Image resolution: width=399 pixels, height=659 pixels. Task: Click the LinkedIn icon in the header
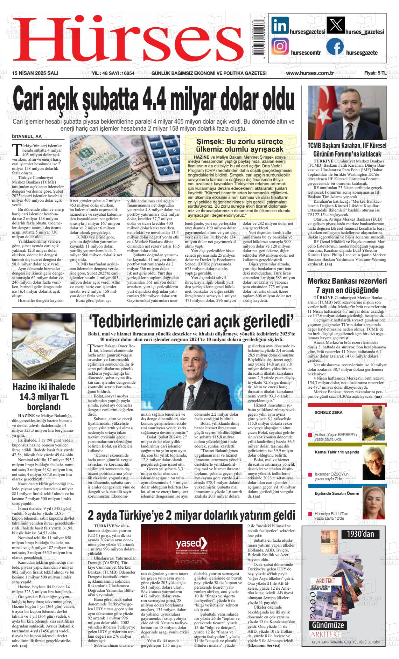280,26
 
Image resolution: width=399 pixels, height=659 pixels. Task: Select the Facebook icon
335,47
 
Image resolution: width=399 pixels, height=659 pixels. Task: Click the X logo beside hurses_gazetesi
335,26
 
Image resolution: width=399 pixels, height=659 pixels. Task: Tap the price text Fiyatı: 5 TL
375,73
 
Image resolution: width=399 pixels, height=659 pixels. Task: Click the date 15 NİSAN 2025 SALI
35,73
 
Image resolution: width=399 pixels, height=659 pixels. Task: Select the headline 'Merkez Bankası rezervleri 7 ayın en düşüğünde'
347,285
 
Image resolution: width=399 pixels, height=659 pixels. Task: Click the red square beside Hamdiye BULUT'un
310,514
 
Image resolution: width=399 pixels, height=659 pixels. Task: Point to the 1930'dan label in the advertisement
360,534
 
